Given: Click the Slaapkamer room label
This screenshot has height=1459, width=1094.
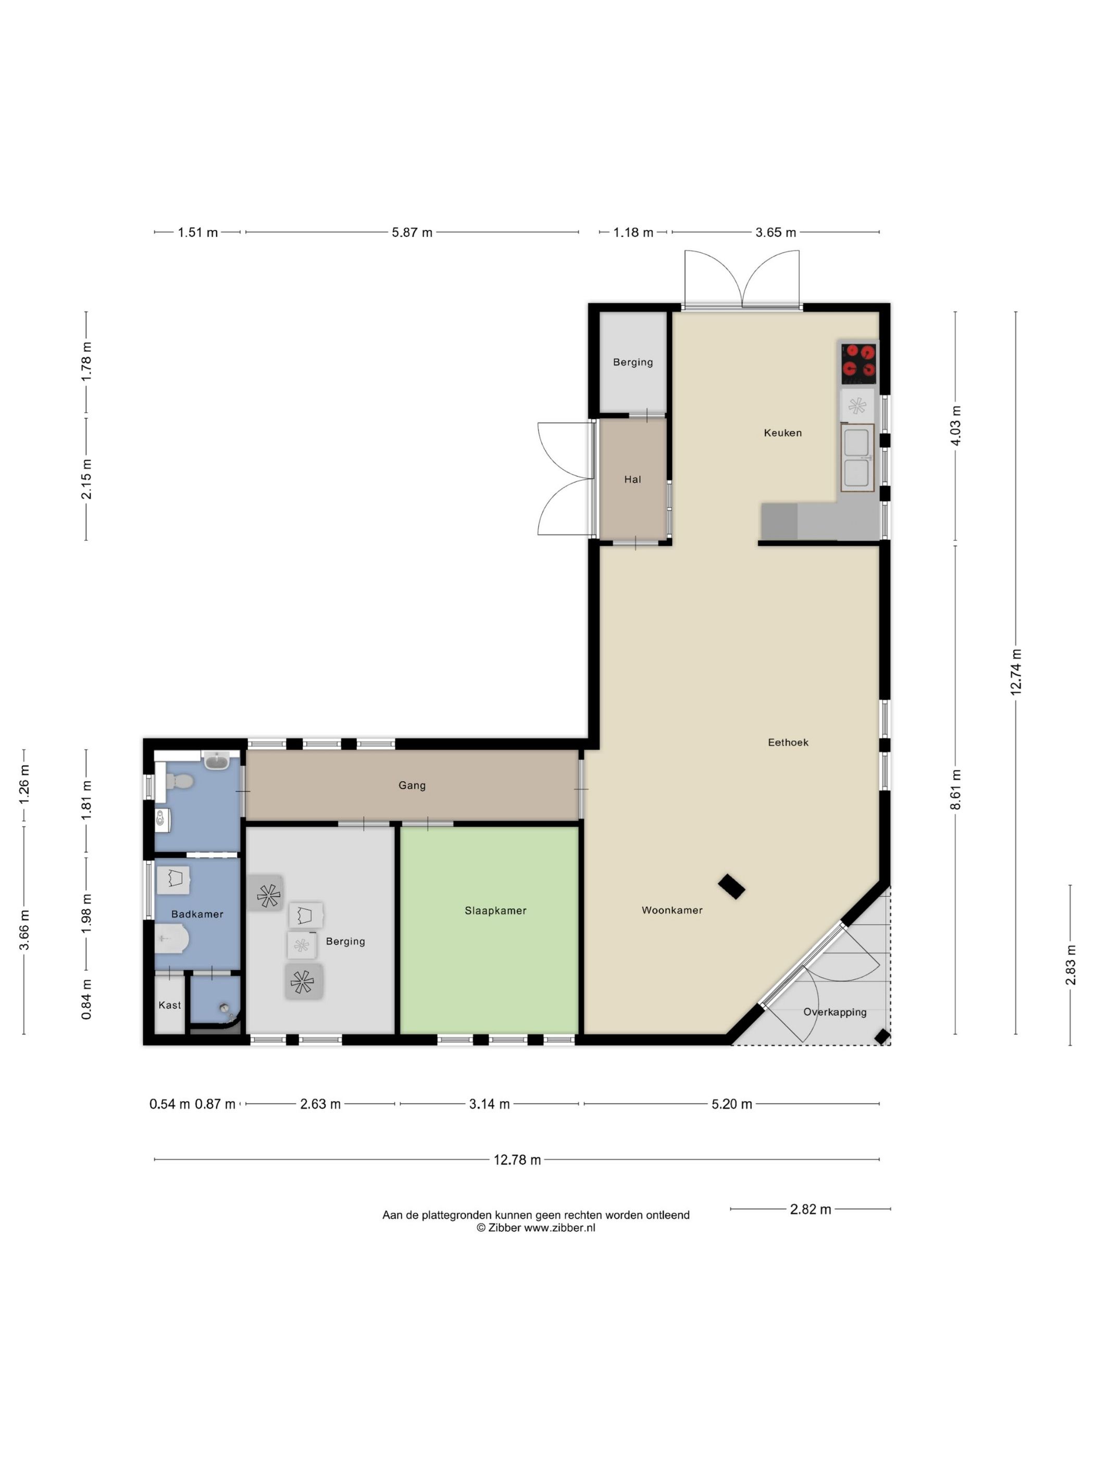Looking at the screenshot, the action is (x=495, y=910).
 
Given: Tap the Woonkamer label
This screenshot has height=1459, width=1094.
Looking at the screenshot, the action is (x=672, y=910).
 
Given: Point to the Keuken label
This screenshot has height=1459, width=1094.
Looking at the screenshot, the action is (x=783, y=432).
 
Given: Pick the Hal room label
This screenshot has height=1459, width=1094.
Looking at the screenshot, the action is (x=632, y=479).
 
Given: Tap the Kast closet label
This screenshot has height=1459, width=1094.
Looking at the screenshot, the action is (x=169, y=1005).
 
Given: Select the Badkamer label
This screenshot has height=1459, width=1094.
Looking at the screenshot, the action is (x=197, y=914).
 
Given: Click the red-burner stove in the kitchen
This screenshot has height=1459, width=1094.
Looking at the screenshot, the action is (x=859, y=362).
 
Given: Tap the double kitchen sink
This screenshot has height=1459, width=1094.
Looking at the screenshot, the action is (x=856, y=458).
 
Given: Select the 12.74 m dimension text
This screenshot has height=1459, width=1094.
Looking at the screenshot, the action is (x=1015, y=672).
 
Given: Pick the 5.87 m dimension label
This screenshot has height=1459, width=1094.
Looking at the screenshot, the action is (x=412, y=232).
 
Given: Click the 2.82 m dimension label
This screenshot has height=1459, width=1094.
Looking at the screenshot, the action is (x=811, y=1209).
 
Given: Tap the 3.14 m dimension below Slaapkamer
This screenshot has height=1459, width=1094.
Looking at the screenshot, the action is (x=489, y=1104).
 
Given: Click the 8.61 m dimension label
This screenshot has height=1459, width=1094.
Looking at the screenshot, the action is (x=955, y=789).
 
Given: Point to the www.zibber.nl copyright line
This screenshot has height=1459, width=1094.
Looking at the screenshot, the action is (x=536, y=1228).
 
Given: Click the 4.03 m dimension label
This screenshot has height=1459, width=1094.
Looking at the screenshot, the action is (x=955, y=426).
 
